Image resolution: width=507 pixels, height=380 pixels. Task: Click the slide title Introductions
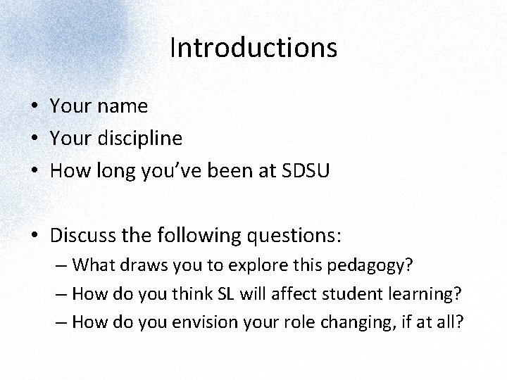[x=254, y=48]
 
